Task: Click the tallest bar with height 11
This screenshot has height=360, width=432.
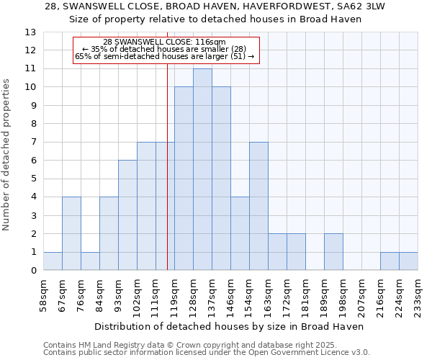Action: tap(202, 169)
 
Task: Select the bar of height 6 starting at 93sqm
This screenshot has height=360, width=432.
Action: tap(127, 215)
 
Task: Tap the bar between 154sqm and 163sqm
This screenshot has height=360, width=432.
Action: tap(258, 206)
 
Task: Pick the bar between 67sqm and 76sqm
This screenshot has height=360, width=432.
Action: tap(71, 233)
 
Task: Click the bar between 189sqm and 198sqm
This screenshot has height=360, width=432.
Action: tap(333, 252)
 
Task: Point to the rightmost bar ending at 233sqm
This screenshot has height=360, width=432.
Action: tap(408, 261)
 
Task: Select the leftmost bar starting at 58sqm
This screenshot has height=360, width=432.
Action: tap(53, 261)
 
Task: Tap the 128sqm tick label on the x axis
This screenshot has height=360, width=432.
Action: tap(193, 294)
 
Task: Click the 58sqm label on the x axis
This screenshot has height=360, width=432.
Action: tap(43, 294)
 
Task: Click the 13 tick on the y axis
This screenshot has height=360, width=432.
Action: tap(30, 32)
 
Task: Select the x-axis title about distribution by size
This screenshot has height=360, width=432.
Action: tap(229, 326)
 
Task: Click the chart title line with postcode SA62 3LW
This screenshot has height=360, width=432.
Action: tap(214, 6)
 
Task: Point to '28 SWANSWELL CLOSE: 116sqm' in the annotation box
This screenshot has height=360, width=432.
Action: tap(164, 42)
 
